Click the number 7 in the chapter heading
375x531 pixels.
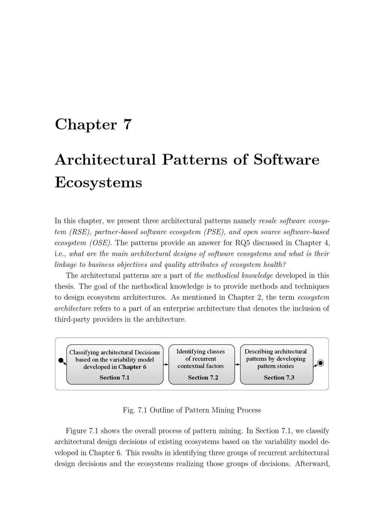127,125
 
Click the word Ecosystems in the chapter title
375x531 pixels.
98,183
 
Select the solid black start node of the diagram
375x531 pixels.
61,361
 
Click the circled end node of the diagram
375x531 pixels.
320,363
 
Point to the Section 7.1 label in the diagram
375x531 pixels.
114,377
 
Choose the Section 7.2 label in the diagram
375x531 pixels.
203,377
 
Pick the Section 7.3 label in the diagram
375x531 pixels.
279,377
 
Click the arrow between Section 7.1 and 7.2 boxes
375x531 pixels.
166,364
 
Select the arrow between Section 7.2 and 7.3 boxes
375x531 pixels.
237,364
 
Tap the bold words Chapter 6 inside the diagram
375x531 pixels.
132,367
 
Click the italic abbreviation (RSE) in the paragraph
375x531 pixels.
80,232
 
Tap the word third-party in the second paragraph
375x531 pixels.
72,320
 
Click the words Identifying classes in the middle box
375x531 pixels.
201,351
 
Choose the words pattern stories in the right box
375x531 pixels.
276,366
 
